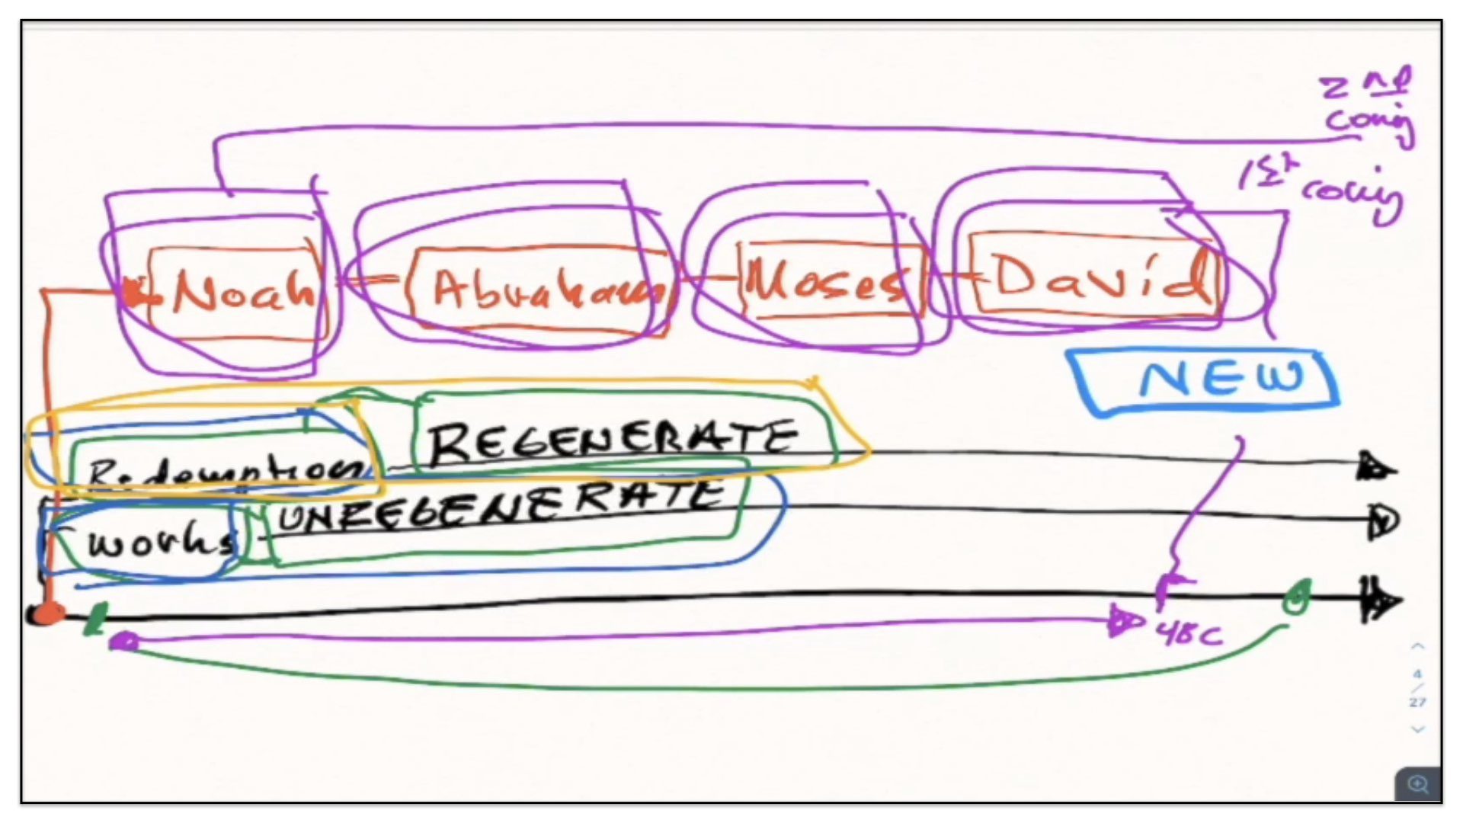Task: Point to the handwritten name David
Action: (1097, 277)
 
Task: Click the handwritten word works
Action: (160, 542)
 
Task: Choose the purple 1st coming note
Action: (1322, 191)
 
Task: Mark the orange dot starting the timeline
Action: (47, 613)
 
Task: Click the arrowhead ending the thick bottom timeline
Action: (1381, 600)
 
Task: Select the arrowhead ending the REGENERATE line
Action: (1376, 467)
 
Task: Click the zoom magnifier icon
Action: (1418, 784)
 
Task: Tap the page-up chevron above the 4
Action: (1417, 647)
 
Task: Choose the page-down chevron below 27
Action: (1417, 729)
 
